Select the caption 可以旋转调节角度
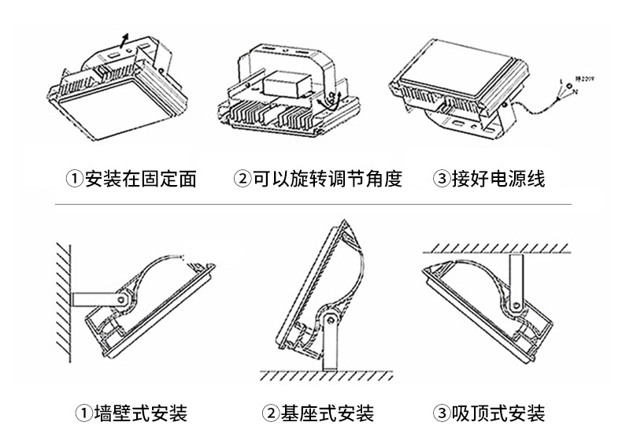tap(328, 180)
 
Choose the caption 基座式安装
tap(328, 413)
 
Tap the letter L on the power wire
tap(560, 83)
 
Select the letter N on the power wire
tap(576, 93)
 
